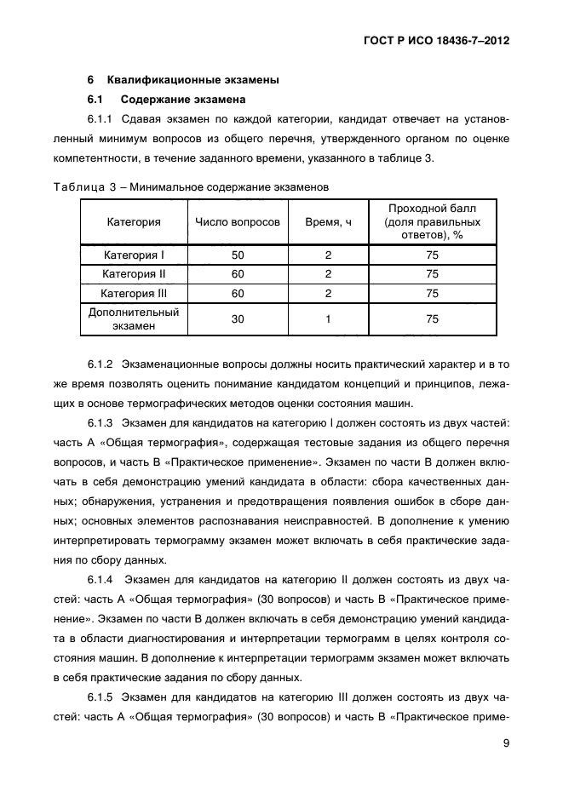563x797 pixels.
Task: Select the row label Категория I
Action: click(134, 255)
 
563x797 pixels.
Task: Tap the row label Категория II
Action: click(134, 274)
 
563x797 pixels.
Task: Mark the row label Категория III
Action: click(134, 294)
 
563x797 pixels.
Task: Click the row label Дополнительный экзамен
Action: click(134, 319)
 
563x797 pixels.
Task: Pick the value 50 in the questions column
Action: click(237, 255)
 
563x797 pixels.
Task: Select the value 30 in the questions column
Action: click(237, 319)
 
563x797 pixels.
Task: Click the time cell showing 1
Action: click(328, 319)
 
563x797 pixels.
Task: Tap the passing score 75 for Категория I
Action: click(432, 255)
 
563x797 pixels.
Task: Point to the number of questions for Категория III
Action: click(237, 294)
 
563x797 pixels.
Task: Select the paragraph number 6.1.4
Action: click(101, 580)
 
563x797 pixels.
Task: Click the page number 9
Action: click(505, 743)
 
